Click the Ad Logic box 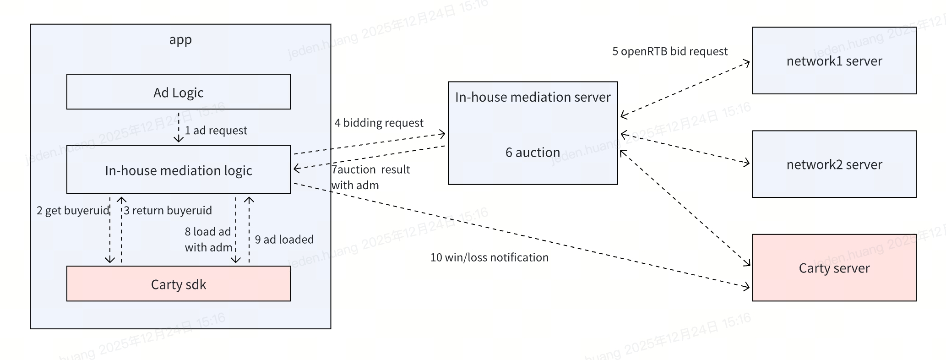[178, 92]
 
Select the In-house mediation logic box [178, 170]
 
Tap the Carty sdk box [178, 284]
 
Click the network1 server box [834, 61]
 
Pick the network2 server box [834, 164]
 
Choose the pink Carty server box [834, 268]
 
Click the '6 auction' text [533, 152]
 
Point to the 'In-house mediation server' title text [533, 97]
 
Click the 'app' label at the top [180, 39]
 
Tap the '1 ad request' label [216, 131]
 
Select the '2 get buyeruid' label [73, 210]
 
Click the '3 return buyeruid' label [168, 210]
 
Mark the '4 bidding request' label [379, 123]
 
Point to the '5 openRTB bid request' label [669, 51]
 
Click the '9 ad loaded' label [284, 240]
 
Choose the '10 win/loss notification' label [489, 257]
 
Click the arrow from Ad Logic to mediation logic [179, 128]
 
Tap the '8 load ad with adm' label [208, 239]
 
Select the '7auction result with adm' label [370, 177]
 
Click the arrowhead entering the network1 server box [746, 62]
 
